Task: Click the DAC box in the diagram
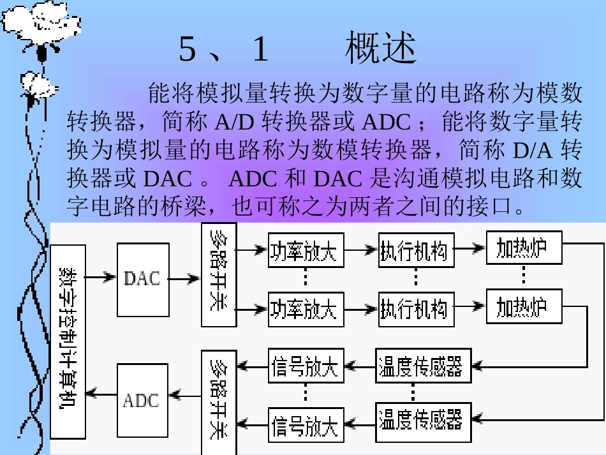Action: [x=143, y=279]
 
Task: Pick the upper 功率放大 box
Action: [x=306, y=251]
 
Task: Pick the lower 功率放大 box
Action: [x=306, y=309]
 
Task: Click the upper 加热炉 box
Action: [x=524, y=248]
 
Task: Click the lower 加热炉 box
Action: [x=524, y=306]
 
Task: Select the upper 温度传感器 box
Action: [x=423, y=366]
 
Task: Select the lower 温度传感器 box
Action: [x=423, y=421]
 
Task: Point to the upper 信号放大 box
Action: [x=306, y=366]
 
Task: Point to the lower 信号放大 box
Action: [x=306, y=422]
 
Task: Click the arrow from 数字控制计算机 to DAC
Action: [x=101, y=277]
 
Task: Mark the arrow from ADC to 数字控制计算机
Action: [x=101, y=394]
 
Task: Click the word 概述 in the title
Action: [x=381, y=49]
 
